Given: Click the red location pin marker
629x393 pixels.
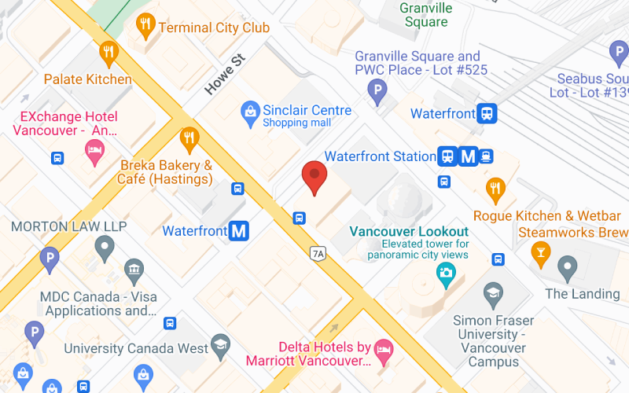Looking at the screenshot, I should pyautogui.click(x=314, y=176).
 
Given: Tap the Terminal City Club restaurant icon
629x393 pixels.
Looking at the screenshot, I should pyautogui.click(x=145, y=26).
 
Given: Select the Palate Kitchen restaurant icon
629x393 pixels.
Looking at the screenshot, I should pyautogui.click(x=109, y=53).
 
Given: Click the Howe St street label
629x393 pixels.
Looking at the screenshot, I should pyautogui.click(x=225, y=75).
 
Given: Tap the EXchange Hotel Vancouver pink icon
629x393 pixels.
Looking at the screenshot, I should pyautogui.click(x=94, y=152).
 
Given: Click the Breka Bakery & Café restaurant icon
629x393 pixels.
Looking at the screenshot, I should pyautogui.click(x=189, y=140).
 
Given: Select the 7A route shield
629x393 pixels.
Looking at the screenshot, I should pyautogui.click(x=318, y=253).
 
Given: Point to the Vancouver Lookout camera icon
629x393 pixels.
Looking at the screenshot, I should pyautogui.click(x=446, y=274).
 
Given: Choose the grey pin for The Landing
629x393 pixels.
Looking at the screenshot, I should pyautogui.click(x=567, y=268).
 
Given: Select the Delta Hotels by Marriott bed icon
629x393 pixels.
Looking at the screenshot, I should pyautogui.click(x=384, y=350).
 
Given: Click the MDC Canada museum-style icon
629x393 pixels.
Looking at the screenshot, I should pyautogui.click(x=134, y=272).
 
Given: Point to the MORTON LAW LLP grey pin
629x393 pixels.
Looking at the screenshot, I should pyautogui.click(x=105, y=249).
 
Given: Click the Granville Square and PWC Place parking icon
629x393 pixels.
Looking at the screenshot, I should pyautogui.click(x=378, y=92).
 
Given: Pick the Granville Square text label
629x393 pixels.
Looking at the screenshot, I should pyautogui.click(x=426, y=15).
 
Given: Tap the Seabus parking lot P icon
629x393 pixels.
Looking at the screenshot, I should pyautogui.click(x=619, y=53).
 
